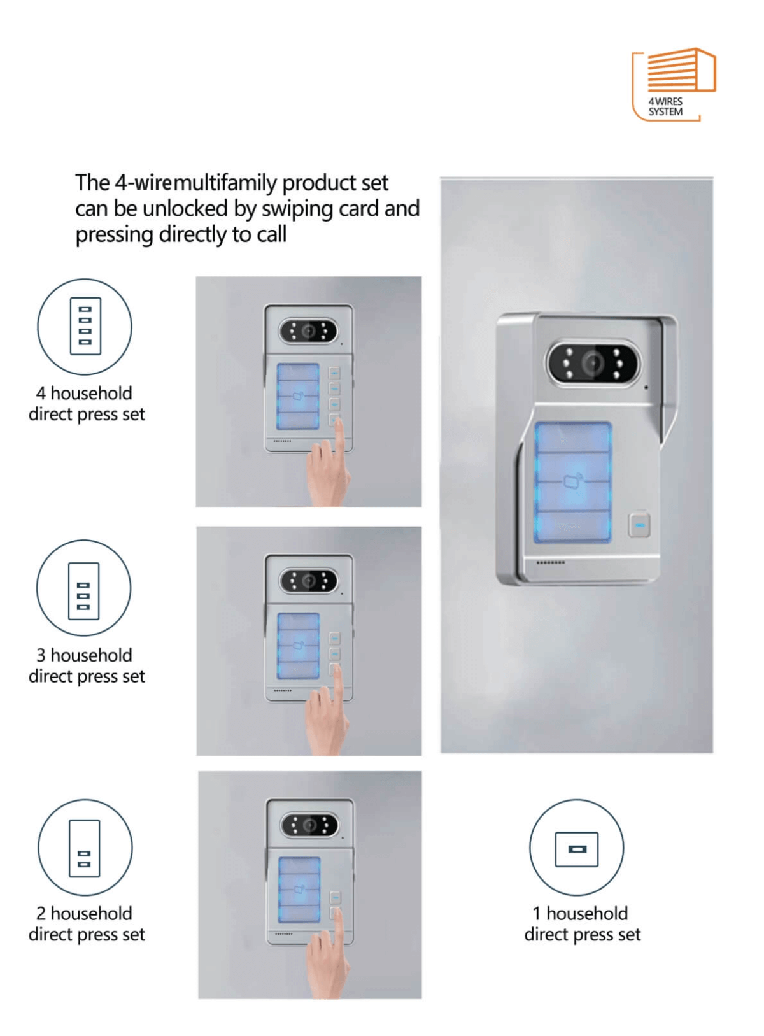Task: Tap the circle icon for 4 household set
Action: (85, 326)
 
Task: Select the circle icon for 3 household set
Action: (83, 588)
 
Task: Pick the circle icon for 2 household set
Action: (85, 848)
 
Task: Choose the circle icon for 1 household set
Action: (576, 848)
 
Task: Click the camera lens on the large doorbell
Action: (593, 364)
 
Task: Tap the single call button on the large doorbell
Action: (640, 525)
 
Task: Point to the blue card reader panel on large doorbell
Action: (573, 482)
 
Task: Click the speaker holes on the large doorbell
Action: (550, 563)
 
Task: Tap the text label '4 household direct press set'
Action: (87, 404)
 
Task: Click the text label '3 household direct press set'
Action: (87, 665)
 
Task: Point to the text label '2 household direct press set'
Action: (87, 924)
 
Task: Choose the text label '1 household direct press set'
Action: (582, 924)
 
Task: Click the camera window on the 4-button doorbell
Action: (309, 331)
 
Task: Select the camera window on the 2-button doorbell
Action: (309, 826)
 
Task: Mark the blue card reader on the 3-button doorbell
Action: (298, 646)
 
